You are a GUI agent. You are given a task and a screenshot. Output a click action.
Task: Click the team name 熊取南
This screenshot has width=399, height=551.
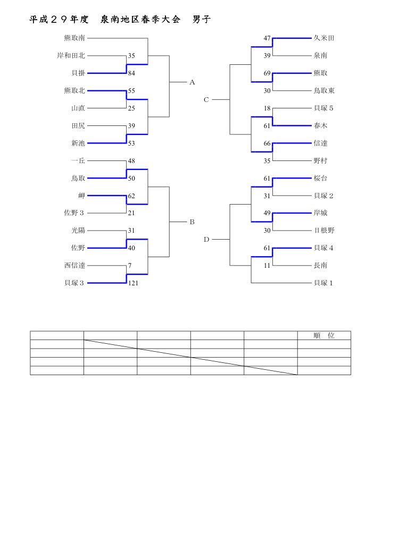[74, 38]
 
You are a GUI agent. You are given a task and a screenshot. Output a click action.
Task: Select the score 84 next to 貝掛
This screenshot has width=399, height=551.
[131, 73]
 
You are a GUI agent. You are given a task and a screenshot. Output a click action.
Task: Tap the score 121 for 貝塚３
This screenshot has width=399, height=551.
[133, 283]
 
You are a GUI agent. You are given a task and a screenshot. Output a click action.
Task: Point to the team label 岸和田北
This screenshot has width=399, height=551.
[71, 55]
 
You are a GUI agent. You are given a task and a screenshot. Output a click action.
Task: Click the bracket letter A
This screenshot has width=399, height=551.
[193, 82]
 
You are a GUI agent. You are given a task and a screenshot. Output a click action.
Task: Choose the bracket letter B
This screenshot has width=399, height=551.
[193, 222]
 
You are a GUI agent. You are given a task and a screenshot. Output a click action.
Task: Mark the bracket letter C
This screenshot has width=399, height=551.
[206, 99]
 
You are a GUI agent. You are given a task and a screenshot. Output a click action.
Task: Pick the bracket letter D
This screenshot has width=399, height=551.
[206, 240]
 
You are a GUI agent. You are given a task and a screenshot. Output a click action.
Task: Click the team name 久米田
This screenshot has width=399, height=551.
[324, 38]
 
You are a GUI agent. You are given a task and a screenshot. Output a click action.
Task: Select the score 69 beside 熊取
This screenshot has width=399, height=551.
[268, 73]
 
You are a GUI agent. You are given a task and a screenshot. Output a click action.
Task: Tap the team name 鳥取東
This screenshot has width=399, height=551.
[324, 91]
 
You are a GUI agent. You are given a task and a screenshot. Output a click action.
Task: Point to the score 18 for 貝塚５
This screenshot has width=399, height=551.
[268, 108]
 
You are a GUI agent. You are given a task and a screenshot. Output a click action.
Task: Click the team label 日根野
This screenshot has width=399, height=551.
[324, 231]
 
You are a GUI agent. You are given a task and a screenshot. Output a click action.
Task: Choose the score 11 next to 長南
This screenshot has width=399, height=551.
[268, 266]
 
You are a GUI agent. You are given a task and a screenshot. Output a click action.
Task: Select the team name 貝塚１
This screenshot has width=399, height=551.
[323, 283]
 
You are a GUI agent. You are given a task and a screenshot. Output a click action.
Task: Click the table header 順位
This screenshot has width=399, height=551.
[324, 336]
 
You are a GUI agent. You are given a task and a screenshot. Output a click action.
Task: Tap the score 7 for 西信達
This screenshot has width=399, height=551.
[129, 266]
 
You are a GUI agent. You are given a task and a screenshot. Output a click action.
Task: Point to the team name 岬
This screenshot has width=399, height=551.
[81, 196]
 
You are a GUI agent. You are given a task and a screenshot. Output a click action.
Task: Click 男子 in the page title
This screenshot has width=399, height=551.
[202, 20]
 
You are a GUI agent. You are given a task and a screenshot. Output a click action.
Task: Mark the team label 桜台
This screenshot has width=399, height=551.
[321, 179]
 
